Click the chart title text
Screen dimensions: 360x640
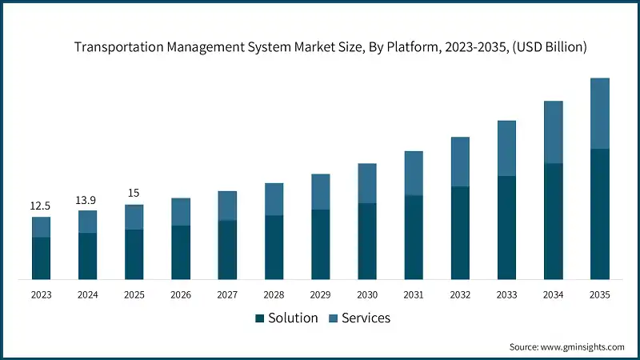click(330, 47)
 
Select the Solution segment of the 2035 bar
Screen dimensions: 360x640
click(599, 214)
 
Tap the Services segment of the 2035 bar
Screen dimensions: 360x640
click(599, 113)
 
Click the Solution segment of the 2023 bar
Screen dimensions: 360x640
click(41, 258)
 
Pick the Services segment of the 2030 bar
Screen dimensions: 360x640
click(367, 183)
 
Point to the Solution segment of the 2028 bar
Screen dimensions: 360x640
click(274, 247)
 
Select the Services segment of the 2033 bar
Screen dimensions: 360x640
click(506, 148)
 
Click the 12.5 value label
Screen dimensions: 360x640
click(41, 206)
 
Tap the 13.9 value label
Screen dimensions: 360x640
click(87, 200)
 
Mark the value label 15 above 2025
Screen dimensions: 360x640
click(134, 194)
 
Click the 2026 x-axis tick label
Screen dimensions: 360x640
click(181, 295)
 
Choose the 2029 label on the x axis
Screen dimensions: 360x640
click(320, 295)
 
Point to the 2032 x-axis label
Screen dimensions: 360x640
click(460, 295)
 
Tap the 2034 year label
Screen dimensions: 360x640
click(553, 295)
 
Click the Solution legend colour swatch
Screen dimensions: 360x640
click(259, 318)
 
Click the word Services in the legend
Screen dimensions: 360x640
click(366, 318)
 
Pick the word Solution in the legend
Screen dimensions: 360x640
click(292, 318)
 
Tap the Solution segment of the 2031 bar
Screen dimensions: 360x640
click(414, 238)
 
